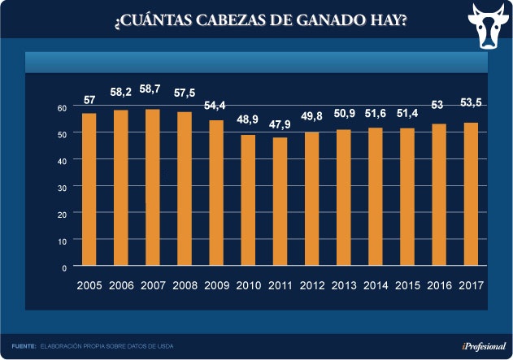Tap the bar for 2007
(x=153, y=187)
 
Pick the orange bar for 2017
(x=470, y=194)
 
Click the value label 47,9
(x=280, y=124)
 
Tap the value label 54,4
(x=216, y=106)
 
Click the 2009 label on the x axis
(x=216, y=286)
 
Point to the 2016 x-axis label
(x=438, y=286)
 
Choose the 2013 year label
(x=343, y=286)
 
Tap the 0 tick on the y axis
(x=64, y=267)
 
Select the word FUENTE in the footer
(x=24, y=347)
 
